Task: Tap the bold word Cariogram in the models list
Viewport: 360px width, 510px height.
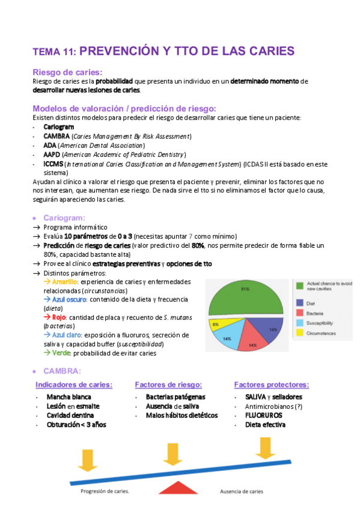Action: pyautogui.click(x=59, y=127)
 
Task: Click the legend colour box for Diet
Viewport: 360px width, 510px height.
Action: pyautogui.click(x=299, y=304)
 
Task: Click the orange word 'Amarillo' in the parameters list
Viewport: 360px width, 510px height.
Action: pyautogui.click(x=64, y=281)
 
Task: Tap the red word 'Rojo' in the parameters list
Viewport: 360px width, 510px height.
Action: pyautogui.click(x=58, y=317)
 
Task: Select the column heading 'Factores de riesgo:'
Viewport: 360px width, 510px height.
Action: pyautogui.click(x=168, y=384)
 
